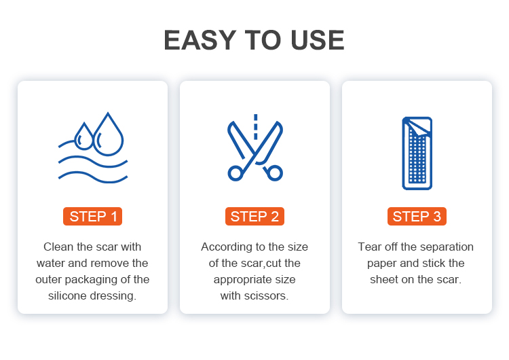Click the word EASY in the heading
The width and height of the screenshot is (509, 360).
[x=200, y=40]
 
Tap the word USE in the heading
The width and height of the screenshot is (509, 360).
[x=318, y=40]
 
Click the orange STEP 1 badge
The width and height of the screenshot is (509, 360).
[x=92, y=216]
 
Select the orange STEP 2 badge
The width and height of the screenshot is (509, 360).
[x=254, y=216]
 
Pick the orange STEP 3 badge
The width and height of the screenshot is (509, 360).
[x=417, y=216]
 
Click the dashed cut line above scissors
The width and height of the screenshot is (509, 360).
[x=255, y=127]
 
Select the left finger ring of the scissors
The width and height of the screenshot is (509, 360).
[x=230, y=173]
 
